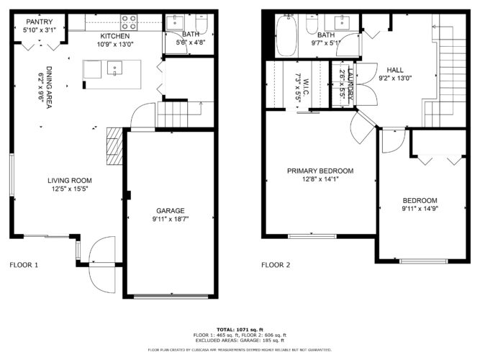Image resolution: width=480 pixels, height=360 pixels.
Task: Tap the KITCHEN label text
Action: (x=115, y=35)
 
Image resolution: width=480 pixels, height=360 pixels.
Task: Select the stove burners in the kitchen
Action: (x=129, y=22)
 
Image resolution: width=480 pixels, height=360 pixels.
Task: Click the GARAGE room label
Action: (x=170, y=211)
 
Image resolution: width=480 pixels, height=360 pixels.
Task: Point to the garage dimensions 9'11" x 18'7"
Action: (x=170, y=220)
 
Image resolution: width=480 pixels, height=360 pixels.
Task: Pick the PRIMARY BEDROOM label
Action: (x=320, y=171)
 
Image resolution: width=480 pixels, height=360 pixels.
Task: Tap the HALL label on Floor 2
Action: (x=395, y=69)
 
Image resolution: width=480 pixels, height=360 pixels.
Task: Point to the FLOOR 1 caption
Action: (x=24, y=265)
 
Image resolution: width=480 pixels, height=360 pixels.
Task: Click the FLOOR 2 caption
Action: (x=276, y=265)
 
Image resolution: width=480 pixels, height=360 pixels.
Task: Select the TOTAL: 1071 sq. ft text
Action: (x=240, y=329)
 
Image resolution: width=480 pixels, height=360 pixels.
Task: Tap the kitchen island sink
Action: (x=114, y=69)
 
